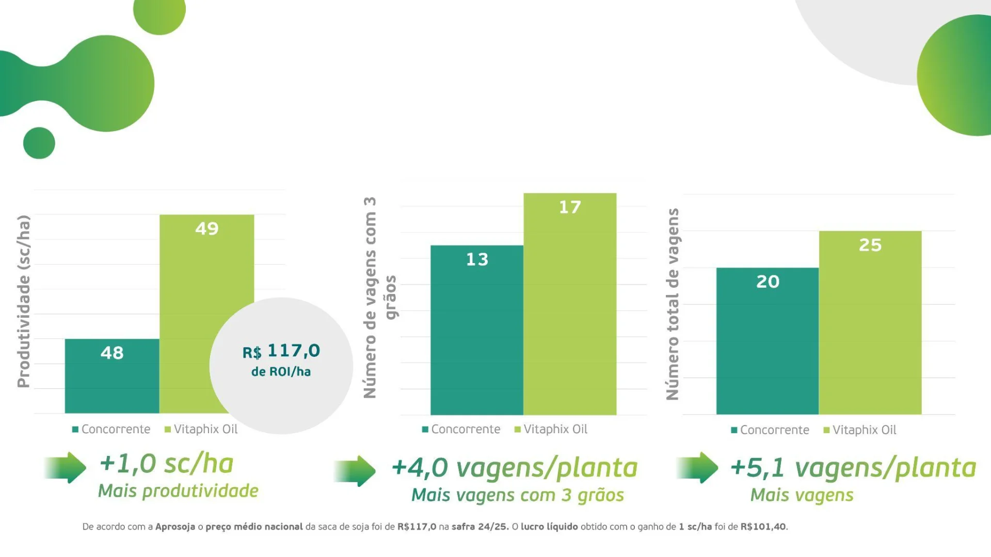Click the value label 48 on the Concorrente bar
[x=112, y=353]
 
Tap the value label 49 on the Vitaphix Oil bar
[x=207, y=228]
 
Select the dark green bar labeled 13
[x=477, y=330]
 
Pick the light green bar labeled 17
[x=570, y=304]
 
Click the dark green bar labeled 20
[x=767, y=340]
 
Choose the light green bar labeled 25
[x=870, y=322]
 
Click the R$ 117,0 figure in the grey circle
[x=281, y=351]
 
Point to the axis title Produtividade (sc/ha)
[x=24, y=301]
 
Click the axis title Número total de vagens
[x=672, y=304]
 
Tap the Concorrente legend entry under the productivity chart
[x=111, y=429]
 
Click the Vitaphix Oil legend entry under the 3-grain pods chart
[x=551, y=429]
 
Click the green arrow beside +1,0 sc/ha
[x=66, y=467]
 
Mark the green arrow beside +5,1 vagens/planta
[x=698, y=467]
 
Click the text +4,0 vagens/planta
[x=515, y=468]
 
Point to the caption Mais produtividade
[x=178, y=491]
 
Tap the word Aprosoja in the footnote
[x=175, y=527]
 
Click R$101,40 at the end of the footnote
[x=763, y=527]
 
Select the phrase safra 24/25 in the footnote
[x=479, y=527]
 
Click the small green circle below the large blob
[x=39, y=143]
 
